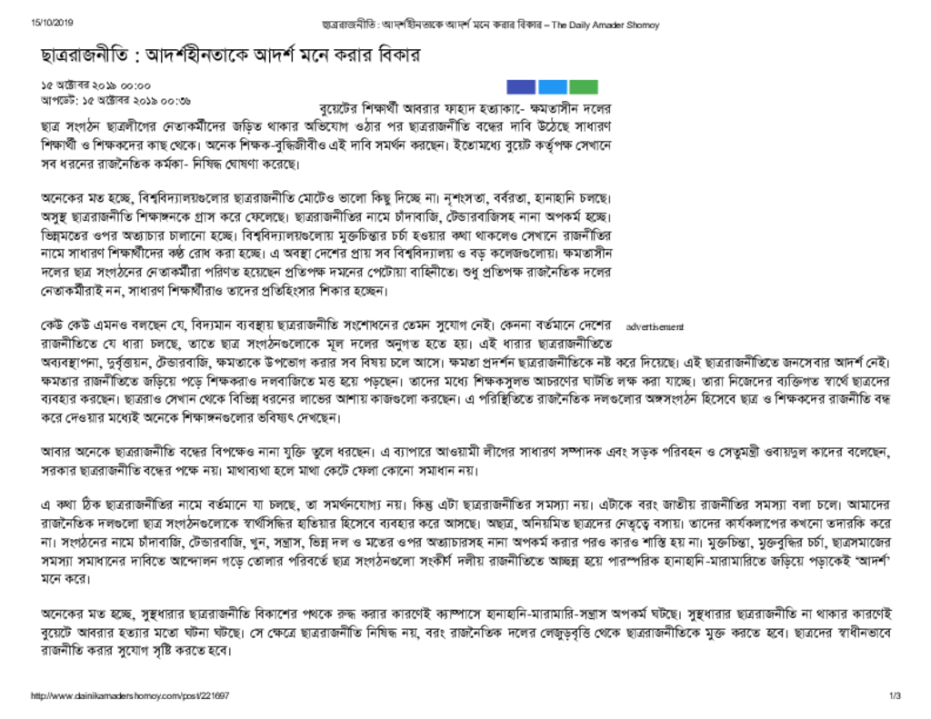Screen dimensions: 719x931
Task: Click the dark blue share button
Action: tap(521, 87)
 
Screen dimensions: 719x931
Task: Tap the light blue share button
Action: tap(553, 87)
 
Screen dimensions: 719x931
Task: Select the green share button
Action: tap(584, 87)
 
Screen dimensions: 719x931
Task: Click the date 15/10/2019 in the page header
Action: tap(52, 24)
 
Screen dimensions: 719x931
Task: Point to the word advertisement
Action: tap(655, 326)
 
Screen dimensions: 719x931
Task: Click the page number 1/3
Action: tap(895, 696)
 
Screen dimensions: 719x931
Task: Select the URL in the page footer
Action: tap(130, 696)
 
